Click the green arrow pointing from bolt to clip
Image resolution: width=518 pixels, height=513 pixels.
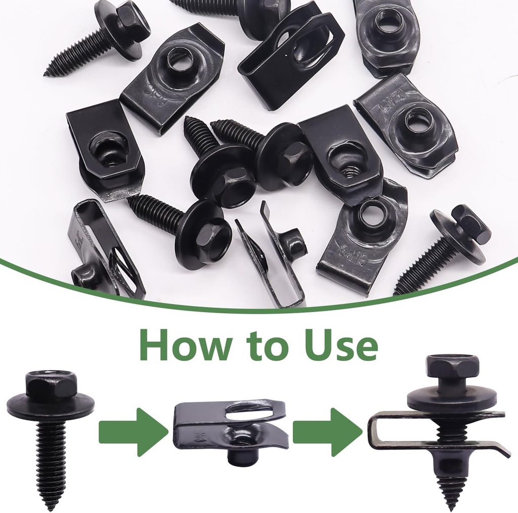[133, 432]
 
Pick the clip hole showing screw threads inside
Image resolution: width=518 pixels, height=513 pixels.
[348, 167]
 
